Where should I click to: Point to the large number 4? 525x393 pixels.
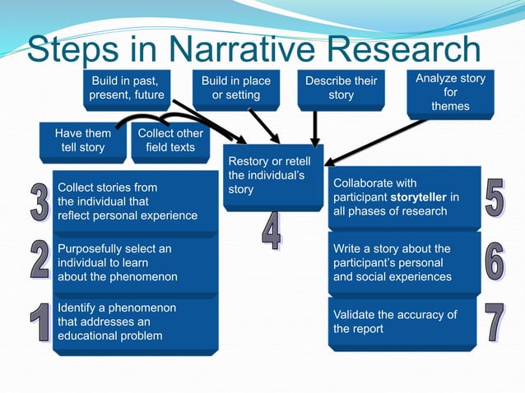click(272, 231)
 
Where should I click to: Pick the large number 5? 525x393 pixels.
click(494, 198)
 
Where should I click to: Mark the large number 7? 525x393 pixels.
click(494, 323)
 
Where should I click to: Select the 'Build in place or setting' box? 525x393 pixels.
click(236, 88)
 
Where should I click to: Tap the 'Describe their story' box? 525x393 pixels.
click(341, 88)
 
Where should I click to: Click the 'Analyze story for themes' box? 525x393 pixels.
click(450, 92)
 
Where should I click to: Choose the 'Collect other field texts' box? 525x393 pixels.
click(170, 141)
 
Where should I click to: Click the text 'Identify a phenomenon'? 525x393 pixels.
click(117, 307)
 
